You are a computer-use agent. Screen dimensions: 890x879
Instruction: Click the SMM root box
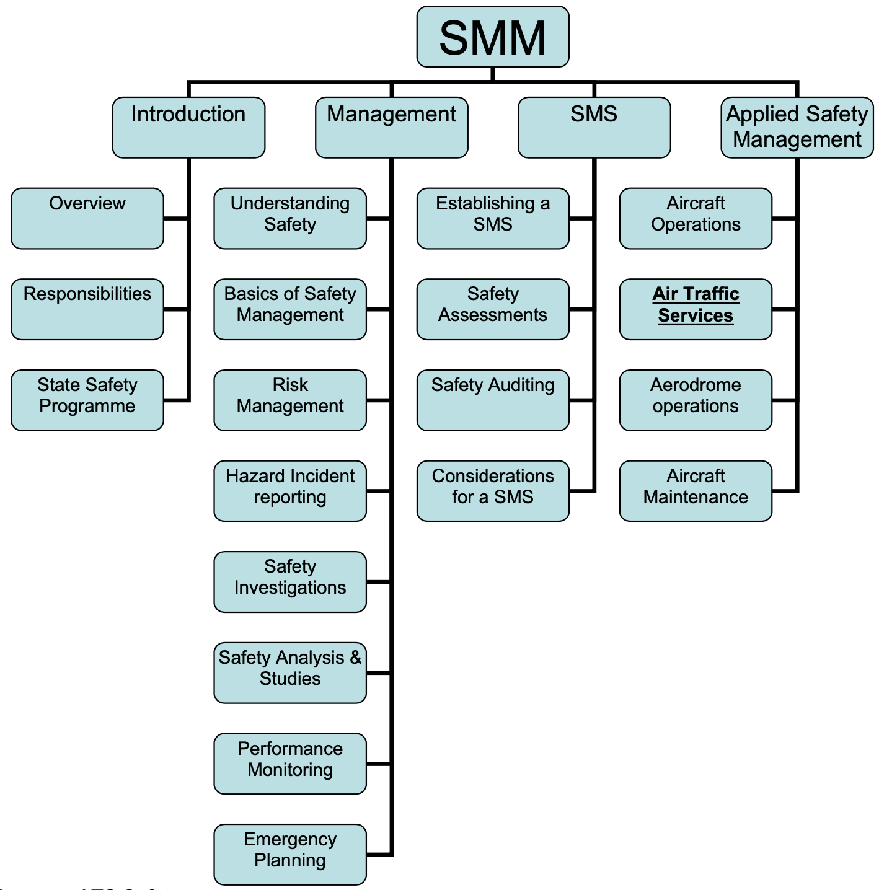pos(493,37)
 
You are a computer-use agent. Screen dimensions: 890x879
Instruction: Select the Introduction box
pos(188,127)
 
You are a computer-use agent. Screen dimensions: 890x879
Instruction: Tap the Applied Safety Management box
pos(797,127)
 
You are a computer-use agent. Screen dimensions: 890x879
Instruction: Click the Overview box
pos(87,218)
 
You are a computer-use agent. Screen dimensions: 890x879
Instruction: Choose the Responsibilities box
pos(87,309)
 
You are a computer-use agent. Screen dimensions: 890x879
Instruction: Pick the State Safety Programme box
pos(87,400)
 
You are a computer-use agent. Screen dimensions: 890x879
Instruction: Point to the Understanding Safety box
pos(290,218)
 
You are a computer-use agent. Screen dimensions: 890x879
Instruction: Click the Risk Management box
pos(290,400)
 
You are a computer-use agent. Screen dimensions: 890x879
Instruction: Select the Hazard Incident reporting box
pos(290,490)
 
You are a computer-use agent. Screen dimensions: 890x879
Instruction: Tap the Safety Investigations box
pos(290,581)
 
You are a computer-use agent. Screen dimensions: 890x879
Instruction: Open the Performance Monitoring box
pos(290,763)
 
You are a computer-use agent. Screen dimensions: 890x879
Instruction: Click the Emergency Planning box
pos(290,854)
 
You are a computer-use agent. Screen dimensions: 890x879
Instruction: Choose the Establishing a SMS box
pos(493,218)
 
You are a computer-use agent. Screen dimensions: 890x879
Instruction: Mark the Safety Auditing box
pos(493,400)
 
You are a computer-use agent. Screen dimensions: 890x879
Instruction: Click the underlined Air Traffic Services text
pos(696,304)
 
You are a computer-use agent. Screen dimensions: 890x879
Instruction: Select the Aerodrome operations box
pos(696,400)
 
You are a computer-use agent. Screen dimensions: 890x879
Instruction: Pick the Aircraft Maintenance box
pos(696,490)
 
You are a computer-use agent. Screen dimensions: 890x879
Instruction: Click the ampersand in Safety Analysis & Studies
pos(355,658)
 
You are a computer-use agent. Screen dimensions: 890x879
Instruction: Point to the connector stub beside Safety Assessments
pos(581,309)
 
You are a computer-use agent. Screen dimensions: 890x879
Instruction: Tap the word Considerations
pos(493,476)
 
